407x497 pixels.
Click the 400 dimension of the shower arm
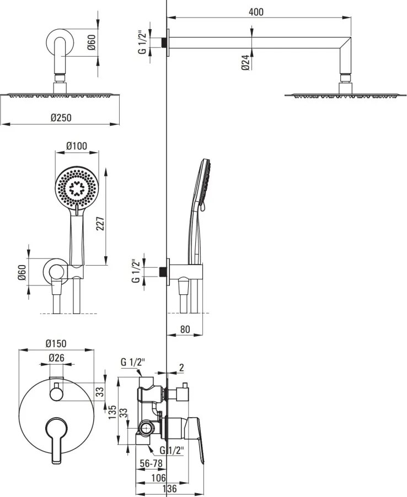[x=256, y=12]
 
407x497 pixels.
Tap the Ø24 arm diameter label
[x=245, y=62]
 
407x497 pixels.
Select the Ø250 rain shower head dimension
[x=61, y=117]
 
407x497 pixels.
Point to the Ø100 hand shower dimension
[x=77, y=146]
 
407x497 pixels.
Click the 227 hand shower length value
[x=100, y=224]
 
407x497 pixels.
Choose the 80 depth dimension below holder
[x=185, y=329]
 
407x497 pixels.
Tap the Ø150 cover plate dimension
[x=56, y=343]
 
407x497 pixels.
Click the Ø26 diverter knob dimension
[x=56, y=358]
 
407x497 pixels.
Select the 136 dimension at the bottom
[x=171, y=488]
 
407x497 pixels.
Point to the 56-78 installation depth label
[x=151, y=463]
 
